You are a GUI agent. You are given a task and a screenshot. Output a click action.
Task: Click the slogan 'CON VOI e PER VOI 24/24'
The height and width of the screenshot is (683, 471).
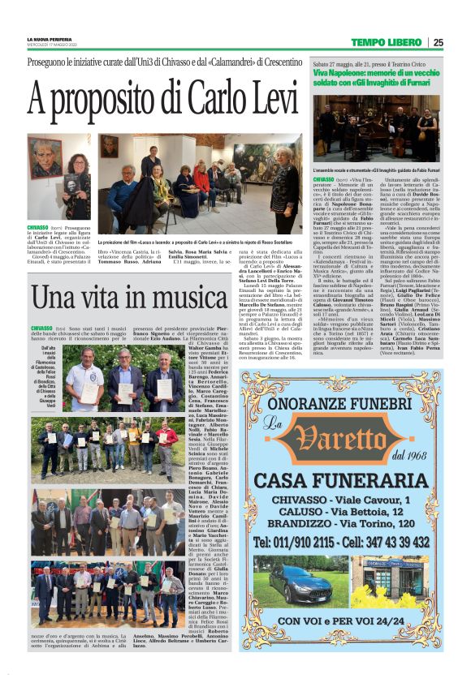click(x=352, y=621)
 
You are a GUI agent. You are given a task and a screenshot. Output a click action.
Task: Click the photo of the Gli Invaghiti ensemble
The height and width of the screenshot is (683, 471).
click(x=375, y=129)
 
